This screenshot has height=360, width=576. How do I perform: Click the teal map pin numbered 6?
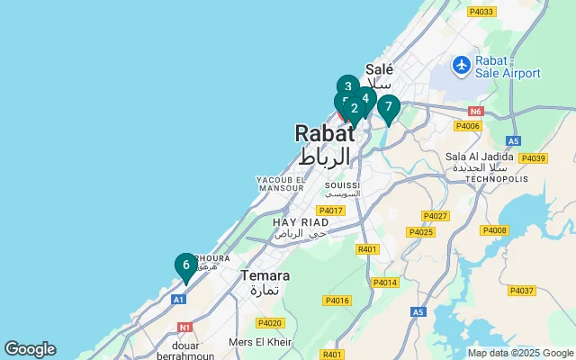[185, 265]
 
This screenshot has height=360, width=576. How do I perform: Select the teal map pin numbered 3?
[348, 87]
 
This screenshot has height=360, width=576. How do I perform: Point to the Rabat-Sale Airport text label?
[508, 66]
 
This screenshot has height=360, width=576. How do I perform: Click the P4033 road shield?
[481, 12]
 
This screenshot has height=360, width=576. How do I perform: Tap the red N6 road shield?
[477, 112]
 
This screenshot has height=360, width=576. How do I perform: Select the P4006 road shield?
[468, 126]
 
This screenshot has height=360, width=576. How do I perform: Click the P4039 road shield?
[533, 158]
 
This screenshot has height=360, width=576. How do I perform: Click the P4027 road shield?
[436, 216]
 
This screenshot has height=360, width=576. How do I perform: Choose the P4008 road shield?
[494, 230]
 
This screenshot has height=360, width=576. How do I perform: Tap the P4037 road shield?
[521, 291]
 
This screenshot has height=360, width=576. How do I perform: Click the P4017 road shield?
[330, 211]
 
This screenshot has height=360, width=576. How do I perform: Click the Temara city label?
[265, 275]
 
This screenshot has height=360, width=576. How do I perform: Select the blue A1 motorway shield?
[178, 299]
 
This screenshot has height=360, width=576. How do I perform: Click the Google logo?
[30, 349]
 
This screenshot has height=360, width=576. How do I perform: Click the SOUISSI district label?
[342, 184]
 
